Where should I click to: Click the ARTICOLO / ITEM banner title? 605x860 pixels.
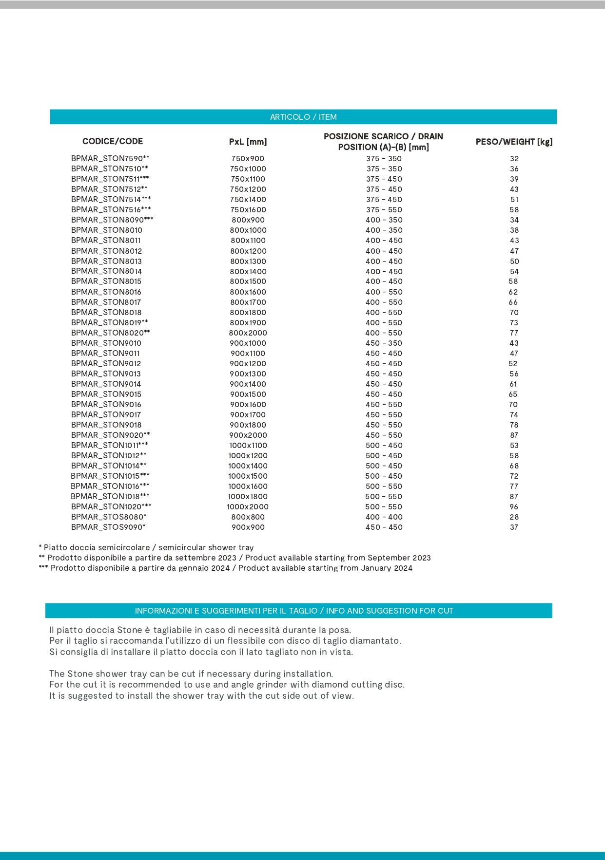point(303,117)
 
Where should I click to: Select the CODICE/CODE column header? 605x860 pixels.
point(113,141)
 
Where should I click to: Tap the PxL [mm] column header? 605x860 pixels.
point(248,142)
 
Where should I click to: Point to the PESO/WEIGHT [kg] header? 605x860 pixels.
point(514,142)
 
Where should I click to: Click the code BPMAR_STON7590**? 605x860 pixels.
point(110,158)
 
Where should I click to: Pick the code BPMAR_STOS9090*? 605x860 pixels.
point(108,527)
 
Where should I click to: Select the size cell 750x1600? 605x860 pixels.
point(248,209)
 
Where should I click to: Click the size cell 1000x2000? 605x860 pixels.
point(248,506)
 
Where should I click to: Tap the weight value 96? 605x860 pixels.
point(514,506)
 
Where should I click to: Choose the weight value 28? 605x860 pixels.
point(514,517)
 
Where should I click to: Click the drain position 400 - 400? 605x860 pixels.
point(384,517)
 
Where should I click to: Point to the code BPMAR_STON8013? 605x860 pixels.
point(106,261)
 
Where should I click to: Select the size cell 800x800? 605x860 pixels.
point(248,517)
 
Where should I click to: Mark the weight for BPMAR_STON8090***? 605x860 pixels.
point(514,220)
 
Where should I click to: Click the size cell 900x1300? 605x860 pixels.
point(248,374)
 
